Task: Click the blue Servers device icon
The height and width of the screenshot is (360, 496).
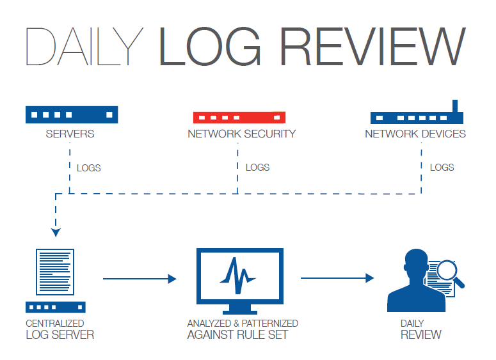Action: [72, 114]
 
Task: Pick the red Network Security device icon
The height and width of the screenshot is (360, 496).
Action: [239, 117]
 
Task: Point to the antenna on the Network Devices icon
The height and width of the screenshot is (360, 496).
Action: [455, 106]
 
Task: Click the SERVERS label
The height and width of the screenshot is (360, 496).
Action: [70, 134]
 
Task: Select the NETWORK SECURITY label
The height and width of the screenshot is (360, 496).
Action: [241, 134]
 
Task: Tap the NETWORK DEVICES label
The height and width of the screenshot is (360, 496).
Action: [415, 134]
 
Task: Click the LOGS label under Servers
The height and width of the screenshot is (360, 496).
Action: [88, 168]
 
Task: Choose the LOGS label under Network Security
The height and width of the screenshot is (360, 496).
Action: [257, 168]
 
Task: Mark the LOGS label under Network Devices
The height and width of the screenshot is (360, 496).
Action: [442, 168]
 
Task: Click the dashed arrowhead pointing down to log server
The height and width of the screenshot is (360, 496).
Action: [56, 232]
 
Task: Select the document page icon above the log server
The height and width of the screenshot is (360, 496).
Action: [56, 272]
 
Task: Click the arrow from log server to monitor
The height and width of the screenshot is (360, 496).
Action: [139, 278]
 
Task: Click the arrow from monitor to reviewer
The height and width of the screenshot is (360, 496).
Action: [337, 278]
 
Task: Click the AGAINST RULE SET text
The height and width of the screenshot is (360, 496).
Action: [237, 334]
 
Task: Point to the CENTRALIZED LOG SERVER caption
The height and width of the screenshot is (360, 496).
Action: [60, 329]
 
